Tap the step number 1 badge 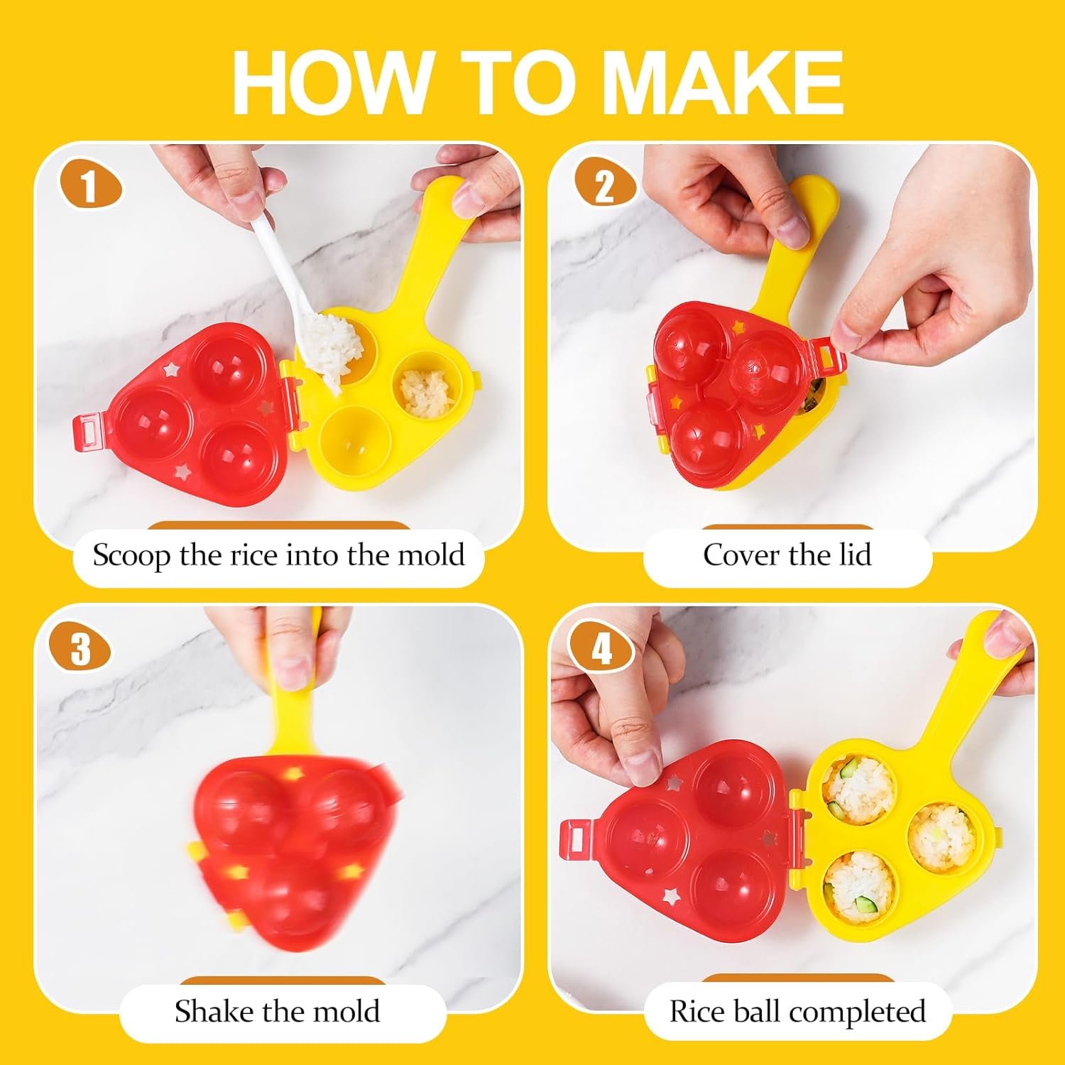pos(89,187)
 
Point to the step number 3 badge pos(80,648)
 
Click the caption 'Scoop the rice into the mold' pos(278,555)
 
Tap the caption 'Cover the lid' pos(787,555)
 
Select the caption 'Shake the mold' pos(278,1011)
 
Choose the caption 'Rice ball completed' pos(797,1011)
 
